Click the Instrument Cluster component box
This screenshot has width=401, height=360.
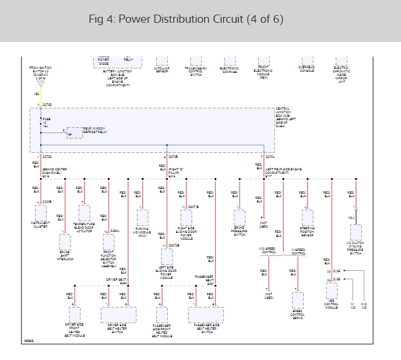(x=41, y=211)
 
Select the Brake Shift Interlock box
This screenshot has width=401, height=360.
(x=65, y=242)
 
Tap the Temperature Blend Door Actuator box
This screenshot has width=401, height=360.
(x=84, y=212)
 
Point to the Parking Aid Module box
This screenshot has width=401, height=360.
(x=143, y=218)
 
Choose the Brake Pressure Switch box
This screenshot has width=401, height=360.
(x=240, y=216)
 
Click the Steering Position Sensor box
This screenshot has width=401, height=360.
(x=307, y=217)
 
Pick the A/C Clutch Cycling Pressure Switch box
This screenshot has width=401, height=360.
(x=356, y=233)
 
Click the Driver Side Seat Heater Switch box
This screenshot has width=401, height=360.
(x=114, y=314)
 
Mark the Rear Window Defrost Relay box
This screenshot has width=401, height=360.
(x=75, y=132)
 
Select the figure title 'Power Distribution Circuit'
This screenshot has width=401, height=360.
(x=186, y=19)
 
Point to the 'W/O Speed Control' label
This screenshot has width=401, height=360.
(x=268, y=250)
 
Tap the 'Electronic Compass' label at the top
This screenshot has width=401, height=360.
(x=229, y=69)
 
